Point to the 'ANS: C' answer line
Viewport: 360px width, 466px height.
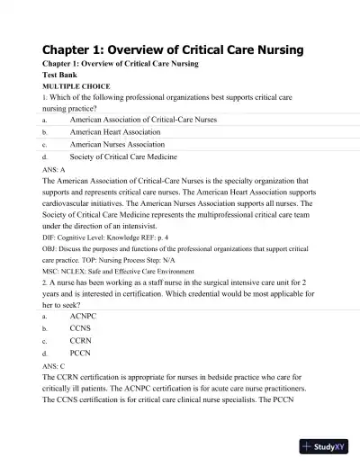(54, 366)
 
